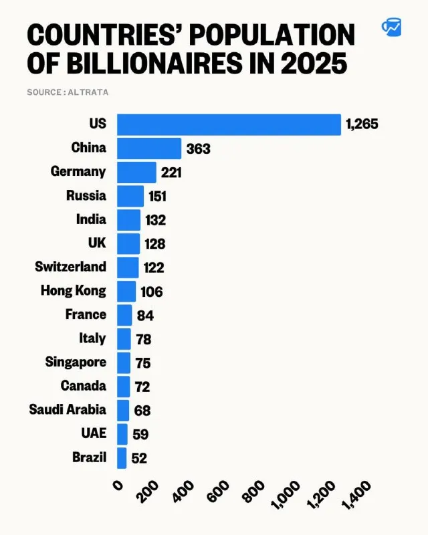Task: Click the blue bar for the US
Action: click(x=229, y=124)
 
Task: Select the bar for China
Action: click(x=149, y=148)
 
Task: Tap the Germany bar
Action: click(x=136, y=173)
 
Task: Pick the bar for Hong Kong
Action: click(x=126, y=292)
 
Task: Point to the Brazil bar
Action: click(x=122, y=458)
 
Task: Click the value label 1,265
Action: click(x=362, y=124)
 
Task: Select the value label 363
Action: click(x=199, y=148)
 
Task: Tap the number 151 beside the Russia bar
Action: click(x=157, y=197)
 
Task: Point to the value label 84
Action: click(x=145, y=316)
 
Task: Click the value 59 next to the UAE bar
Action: click(x=140, y=434)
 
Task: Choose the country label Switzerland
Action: click(x=71, y=266)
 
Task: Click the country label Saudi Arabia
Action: click(x=68, y=409)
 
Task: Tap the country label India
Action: click(x=91, y=219)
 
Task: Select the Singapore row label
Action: click(x=76, y=362)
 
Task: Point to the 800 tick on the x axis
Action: click(x=253, y=492)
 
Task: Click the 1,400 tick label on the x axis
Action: click(x=356, y=495)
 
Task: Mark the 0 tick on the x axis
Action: click(x=118, y=486)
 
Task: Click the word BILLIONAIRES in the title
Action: click(x=154, y=64)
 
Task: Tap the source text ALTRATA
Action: click(x=88, y=92)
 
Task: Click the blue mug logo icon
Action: click(x=391, y=27)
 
